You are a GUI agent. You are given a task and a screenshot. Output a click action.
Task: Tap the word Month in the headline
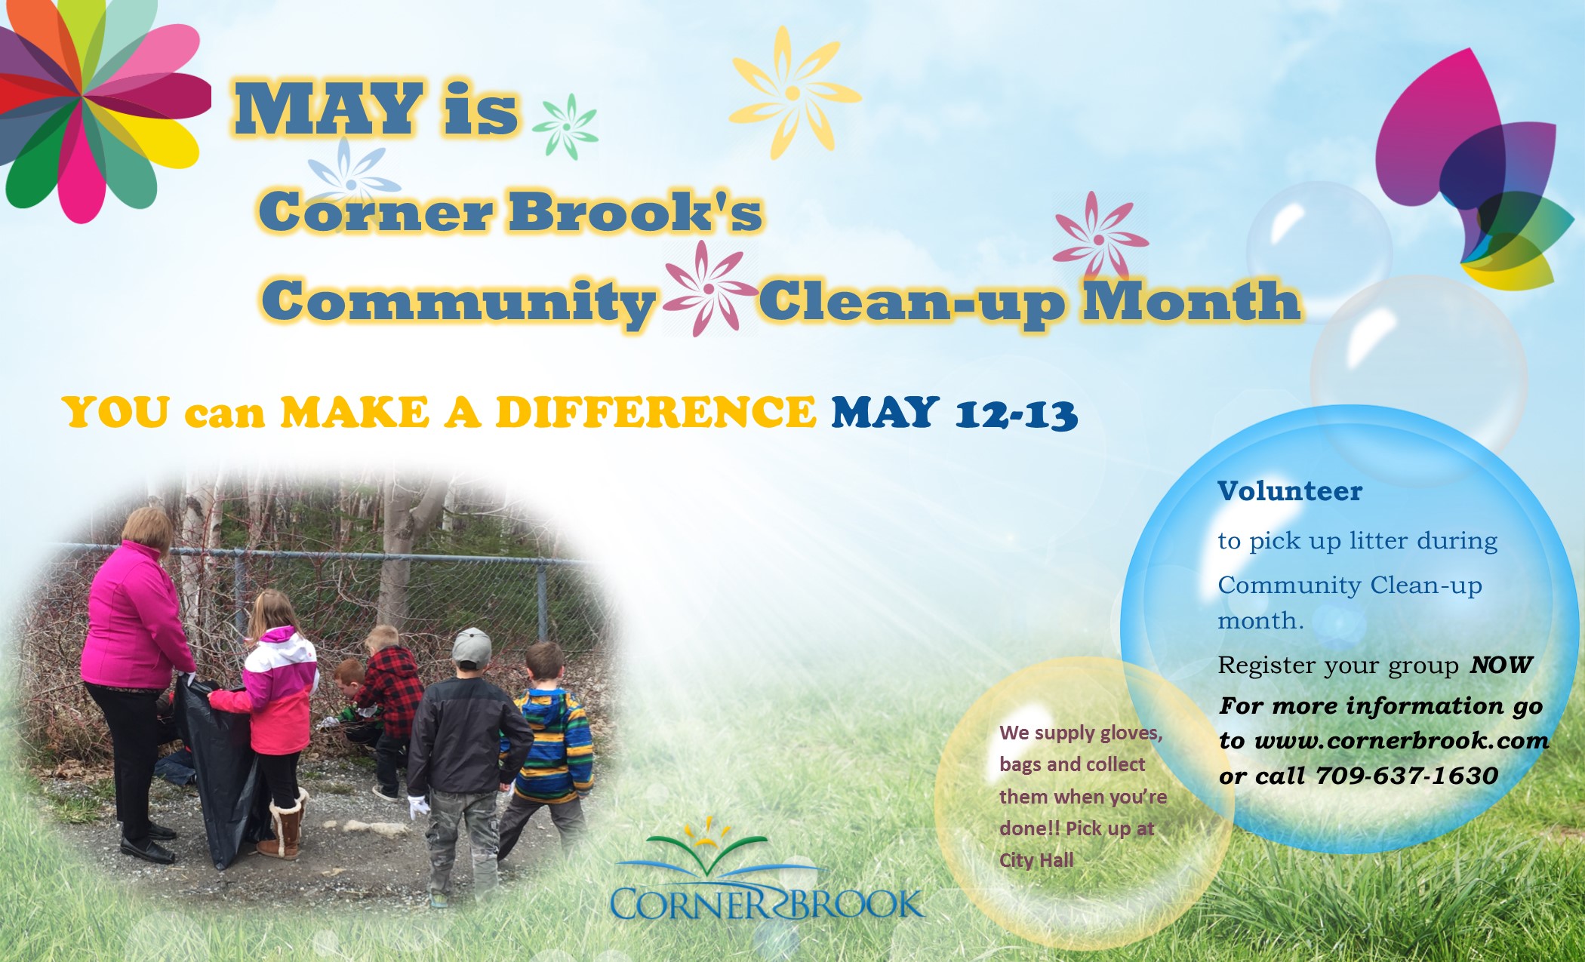pyautogui.click(x=1192, y=300)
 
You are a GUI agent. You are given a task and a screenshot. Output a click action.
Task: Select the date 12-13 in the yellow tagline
pyautogui.click(x=1017, y=415)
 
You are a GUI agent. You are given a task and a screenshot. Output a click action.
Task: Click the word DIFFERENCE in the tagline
pyautogui.click(x=655, y=412)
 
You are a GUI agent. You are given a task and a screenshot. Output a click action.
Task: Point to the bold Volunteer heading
pyautogui.click(x=1290, y=491)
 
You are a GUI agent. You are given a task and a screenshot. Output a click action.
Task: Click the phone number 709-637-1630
pyautogui.click(x=1407, y=776)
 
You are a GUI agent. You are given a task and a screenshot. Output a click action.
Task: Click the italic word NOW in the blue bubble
pyautogui.click(x=1501, y=665)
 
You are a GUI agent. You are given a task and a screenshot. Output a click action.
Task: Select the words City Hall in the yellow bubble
pyautogui.click(x=1036, y=860)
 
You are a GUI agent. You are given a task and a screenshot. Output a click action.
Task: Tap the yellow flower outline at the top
pyautogui.click(x=794, y=93)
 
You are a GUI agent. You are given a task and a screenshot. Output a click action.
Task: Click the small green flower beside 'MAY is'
pyautogui.click(x=566, y=127)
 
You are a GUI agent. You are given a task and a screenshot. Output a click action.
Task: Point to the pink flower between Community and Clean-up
pyautogui.click(x=709, y=288)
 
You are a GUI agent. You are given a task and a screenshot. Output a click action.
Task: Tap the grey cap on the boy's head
pyautogui.click(x=472, y=647)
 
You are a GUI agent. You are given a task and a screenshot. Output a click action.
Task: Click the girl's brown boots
pyautogui.click(x=283, y=826)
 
